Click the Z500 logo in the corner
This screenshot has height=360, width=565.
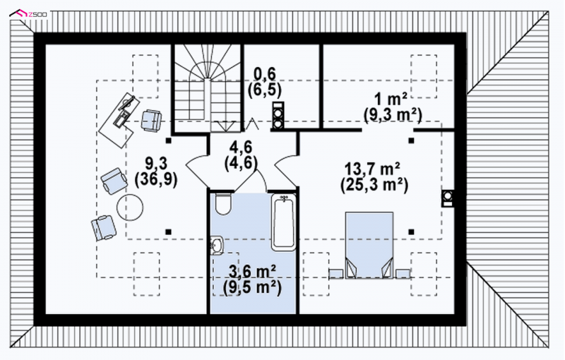pyautogui.click(x=29, y=14)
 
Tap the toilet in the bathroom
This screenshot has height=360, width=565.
pyautogui.click(x=222, y=204)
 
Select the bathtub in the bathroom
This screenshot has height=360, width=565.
pyautogui.click(x=283, y=222)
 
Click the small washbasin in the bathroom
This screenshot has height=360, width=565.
pyautogui.click(x=217, y=245)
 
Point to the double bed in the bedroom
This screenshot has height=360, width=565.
pyautogui.click(x=369, y=245)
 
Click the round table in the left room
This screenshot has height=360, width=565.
pyautogui.click(x=130, y=208)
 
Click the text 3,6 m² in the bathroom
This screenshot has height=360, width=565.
pyautogui.click(x=253, y=271)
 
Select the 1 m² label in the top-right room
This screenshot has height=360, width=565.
pyautogui.click(x=391, y=97)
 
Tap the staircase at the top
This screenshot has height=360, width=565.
pyautogui.click(x=207, y=88)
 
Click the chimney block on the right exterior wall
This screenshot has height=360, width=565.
pyautogui.click(x=448, y=198)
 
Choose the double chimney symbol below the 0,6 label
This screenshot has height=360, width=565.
pyautogui.click(x=278, y=115)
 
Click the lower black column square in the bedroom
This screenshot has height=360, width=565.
pyautogui.click(x=411, y=232)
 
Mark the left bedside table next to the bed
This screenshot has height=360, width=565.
pyautogui.click(x=336, y=274)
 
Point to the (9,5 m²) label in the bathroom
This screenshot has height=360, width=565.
pyautogui.click(x=252, y=288)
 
